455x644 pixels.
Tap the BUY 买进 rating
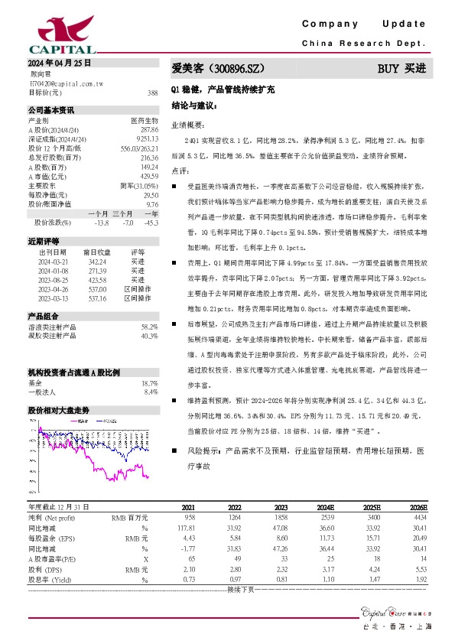click(401, 68)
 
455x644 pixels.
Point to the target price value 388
click(152, 93)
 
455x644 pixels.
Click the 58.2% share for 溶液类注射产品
click(149, 326)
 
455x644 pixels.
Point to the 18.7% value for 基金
click(149, 382)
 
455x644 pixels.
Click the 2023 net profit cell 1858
click(281, 518)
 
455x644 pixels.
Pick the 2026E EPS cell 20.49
click(419, 538)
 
